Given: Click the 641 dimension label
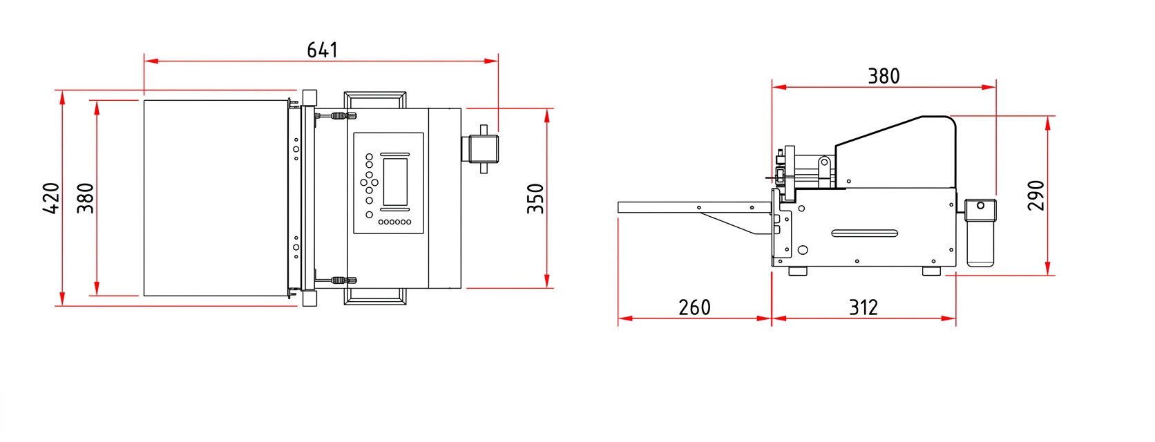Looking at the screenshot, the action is pos(323,50).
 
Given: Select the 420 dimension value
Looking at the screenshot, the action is pos(51,198).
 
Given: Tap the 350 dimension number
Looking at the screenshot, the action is pos(535,199).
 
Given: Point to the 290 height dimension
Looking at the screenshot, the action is pos(1036,195).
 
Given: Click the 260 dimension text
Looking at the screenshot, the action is pos(694,307).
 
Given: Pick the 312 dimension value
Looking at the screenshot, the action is pos(863,307).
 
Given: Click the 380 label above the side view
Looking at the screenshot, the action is pos(884,76).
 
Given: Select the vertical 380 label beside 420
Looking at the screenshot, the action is pos(86,198).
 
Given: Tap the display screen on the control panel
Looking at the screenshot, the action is pos(396,182).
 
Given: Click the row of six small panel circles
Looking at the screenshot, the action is pos(395,222).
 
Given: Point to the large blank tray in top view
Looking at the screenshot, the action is pos(216,198).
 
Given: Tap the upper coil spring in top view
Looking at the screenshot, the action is pos(337,115).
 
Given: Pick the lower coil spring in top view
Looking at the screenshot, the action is pos(337,280).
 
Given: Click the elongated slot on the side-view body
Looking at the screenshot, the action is pos(865,233).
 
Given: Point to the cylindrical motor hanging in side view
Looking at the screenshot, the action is pos(980,233).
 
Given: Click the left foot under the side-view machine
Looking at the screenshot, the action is pos(797,271).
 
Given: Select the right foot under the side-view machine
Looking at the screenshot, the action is pos(931,271).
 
